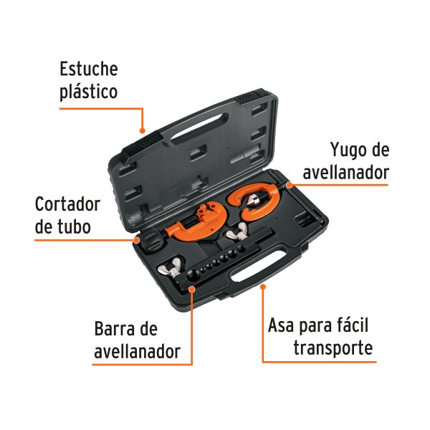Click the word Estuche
coord(88,70)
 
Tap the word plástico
coord(88,92)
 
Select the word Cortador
coord(68,204)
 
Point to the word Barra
coord(115,330)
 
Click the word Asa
coord(285,326)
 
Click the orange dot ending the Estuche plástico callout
coord(143,131)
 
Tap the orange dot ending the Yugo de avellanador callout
coord(290,185)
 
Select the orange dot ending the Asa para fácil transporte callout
coord(263,287)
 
